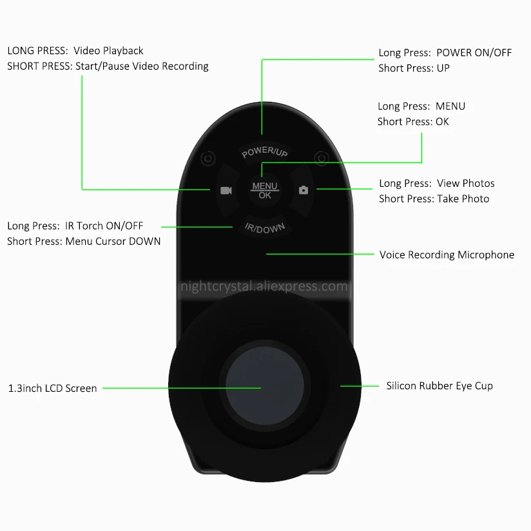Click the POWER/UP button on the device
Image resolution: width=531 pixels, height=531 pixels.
pos(265,152)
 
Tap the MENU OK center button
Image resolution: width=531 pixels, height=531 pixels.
pos(265,190)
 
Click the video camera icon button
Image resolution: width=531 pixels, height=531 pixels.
pos(226,190)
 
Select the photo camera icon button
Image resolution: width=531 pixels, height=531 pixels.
pos(304,190)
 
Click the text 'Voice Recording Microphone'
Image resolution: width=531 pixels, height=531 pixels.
pos(447,255)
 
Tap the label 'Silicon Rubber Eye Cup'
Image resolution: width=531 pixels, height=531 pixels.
pos(439,385)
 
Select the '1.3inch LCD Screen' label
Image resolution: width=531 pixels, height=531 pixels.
pos(52,389)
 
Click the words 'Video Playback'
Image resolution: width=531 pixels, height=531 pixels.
pos(108,50)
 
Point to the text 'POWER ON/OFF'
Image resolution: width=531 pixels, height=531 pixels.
pos(474,53)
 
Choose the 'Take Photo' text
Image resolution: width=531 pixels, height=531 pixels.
pos(463,198)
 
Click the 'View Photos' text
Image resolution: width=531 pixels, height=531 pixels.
pos(465,183)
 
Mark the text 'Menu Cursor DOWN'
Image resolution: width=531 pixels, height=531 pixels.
pos(113,241)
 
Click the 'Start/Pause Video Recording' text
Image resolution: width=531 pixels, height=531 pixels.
pos(142,66)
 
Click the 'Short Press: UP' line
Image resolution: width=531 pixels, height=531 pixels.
pos(414,68)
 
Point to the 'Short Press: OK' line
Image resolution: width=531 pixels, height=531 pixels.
pos(413,121)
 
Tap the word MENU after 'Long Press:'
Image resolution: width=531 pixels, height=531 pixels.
pos(450,106)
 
